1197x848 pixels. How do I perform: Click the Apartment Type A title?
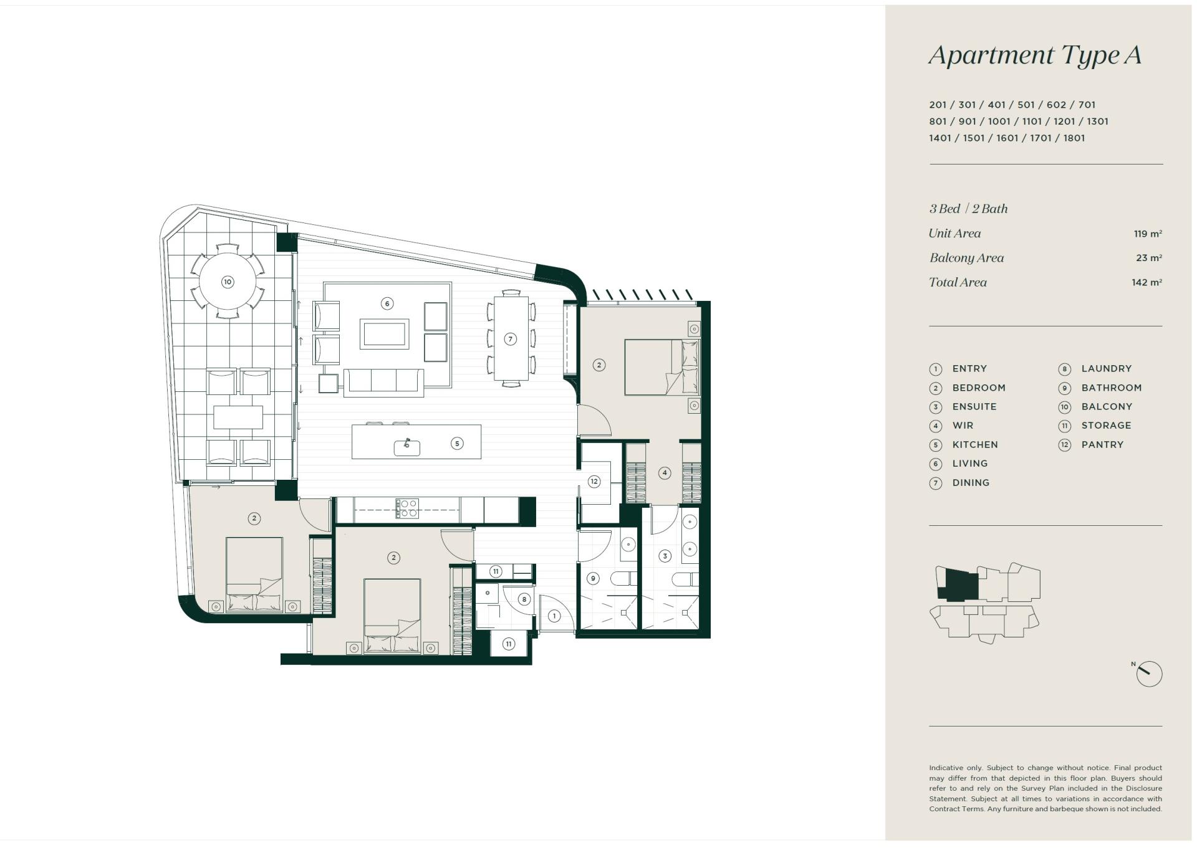pos(1035,55)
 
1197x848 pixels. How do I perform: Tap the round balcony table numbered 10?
pos(228,282)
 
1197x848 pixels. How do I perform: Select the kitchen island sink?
pos(406,447)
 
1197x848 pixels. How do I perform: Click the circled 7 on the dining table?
pos(511,339)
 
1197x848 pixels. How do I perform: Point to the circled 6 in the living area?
pos(387,303)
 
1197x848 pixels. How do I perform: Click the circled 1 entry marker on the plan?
pos(554,616)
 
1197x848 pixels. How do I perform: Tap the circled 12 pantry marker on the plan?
pos(594,481)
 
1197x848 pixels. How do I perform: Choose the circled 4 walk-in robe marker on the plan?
pos(665,473)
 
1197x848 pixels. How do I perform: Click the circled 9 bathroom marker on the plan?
pos(593,578)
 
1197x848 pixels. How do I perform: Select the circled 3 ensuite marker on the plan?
pos(665,556)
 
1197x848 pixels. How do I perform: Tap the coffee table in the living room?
pos(385,333)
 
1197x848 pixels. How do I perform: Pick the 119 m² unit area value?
pos(1148,234)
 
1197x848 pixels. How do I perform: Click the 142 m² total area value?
pos(1147,282)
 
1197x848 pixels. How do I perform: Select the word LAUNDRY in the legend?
pos(1107,369)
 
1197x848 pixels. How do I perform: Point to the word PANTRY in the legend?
pos(1102,445)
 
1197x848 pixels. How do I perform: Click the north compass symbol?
pos(1149,674)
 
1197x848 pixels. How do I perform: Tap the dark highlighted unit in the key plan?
pos(959,585)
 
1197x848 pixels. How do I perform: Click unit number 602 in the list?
pos(1057,105)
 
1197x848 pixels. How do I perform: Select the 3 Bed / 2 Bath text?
pos(968,209)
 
